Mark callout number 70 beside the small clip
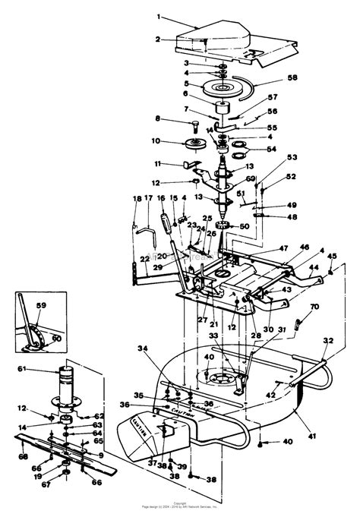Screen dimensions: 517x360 [313, 307]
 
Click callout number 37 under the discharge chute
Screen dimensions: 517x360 [152, 462]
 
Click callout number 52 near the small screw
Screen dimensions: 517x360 [291, 177]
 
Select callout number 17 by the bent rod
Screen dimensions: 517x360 [150, 199]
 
